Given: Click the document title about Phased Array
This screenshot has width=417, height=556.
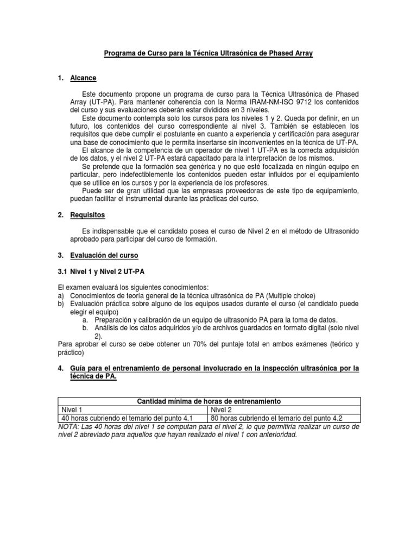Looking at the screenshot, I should [x=208, y=55].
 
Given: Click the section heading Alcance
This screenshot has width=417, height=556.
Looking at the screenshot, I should [x=83, y=78].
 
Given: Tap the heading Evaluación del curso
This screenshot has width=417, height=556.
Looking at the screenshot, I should [x=104, y=255].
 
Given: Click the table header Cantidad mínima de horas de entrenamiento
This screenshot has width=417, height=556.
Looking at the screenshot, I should [x=208, y=401].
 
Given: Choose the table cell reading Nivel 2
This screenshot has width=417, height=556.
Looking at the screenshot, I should [x=222, y=409].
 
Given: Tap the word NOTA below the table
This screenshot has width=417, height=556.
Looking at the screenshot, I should [x=68, y=427].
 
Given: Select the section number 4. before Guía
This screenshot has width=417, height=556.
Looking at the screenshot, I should [x=60, y=369].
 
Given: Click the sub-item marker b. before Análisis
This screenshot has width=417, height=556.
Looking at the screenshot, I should [x=85, y=327].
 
